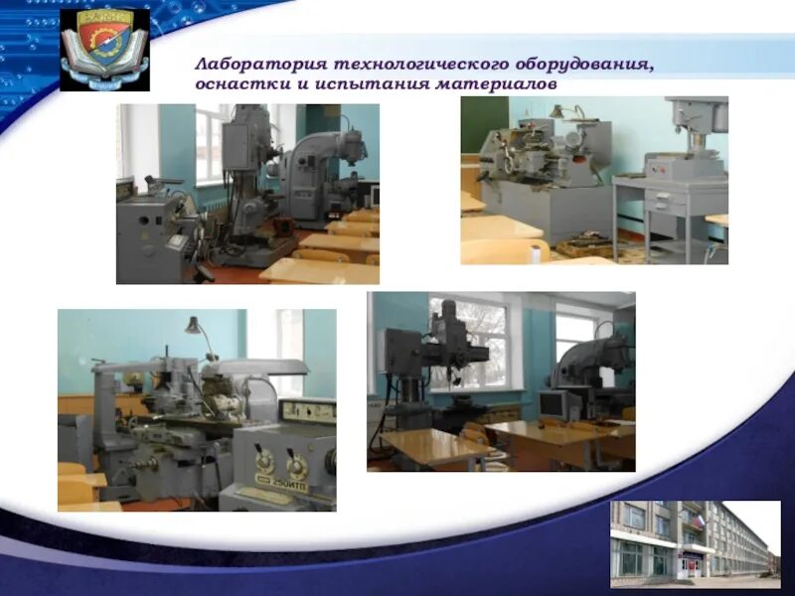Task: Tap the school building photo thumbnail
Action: [x=695, y=543]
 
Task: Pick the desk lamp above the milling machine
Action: [x=195, y=326]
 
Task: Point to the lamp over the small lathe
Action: [x=556, y=112]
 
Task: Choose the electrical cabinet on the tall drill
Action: [x=237, y=147]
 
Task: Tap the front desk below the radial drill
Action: [x=433, y=446]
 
